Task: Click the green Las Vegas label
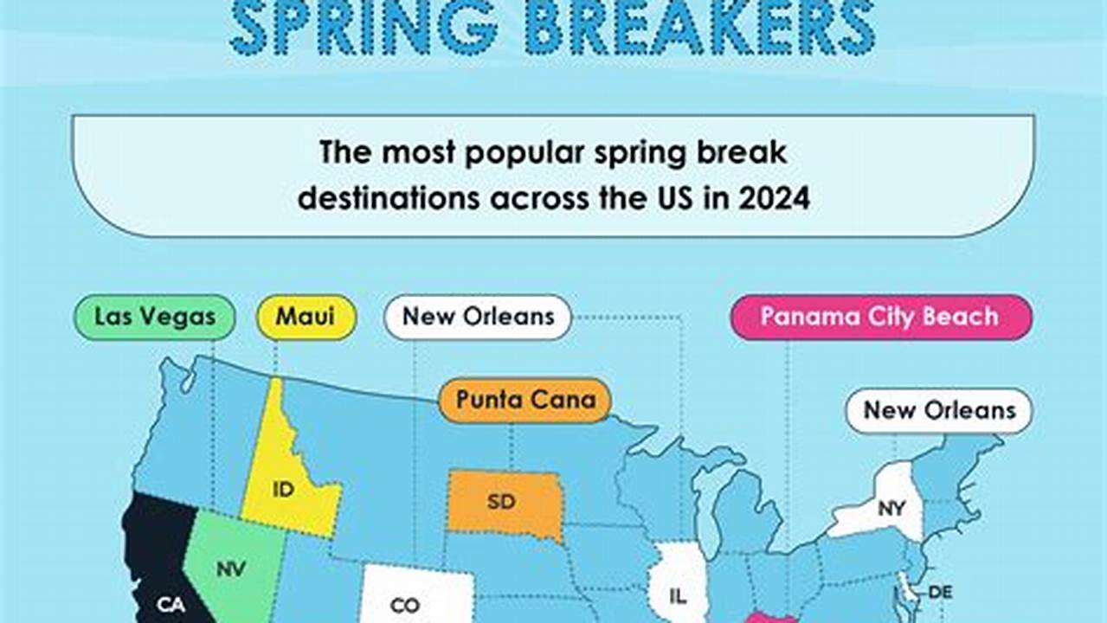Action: pos(155,317)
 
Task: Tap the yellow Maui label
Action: pos(306,317)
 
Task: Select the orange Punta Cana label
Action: pos(525,400)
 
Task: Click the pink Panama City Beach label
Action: pos(880,317)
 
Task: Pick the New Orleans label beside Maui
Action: pos(478,317)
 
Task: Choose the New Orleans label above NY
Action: pos(939,410)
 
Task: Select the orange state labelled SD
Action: pos(502,502)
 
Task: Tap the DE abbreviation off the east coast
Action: pos(940,593)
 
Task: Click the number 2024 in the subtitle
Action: pos(774,198)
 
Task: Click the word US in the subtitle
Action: pos(671,198)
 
